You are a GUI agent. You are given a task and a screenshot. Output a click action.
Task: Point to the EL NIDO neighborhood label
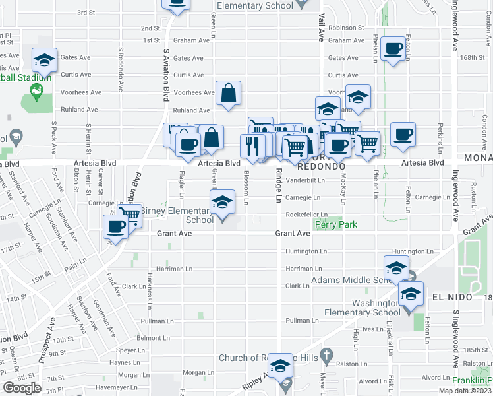point(452,298)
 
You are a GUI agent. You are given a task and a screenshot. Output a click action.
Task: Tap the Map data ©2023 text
point(465,391)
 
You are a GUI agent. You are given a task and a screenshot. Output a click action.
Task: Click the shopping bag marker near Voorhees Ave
point(228,94)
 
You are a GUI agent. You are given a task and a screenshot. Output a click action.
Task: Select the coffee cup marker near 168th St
point(393,49)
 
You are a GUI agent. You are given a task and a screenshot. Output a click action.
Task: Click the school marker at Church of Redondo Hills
point(281,367)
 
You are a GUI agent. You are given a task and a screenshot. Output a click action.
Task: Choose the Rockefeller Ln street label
point(306,214)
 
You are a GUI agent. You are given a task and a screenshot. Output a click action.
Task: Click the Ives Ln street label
point(372,328)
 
